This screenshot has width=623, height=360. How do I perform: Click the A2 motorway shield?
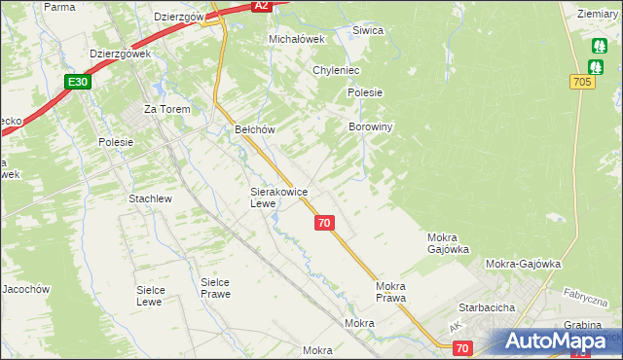[x=260, y=6]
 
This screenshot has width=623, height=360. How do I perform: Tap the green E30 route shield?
[x=80, y=83]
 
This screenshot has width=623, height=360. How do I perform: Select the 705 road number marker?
[x=582, y=83]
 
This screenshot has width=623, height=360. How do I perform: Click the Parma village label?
[x=59, y=7]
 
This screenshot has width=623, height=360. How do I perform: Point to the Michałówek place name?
[x=295, y=39]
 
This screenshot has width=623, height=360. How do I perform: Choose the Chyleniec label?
[x=337, y=71]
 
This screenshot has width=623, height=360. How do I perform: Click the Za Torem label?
[x=166, y=109]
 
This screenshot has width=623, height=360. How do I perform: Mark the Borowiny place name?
[x=370, y=127]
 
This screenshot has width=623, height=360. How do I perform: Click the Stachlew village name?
[x=150, y=198]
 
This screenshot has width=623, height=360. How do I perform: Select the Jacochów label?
[x=25, y=289]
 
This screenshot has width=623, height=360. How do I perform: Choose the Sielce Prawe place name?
[x=214, y=288]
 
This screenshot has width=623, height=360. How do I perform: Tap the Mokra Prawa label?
[x=390, y=292]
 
